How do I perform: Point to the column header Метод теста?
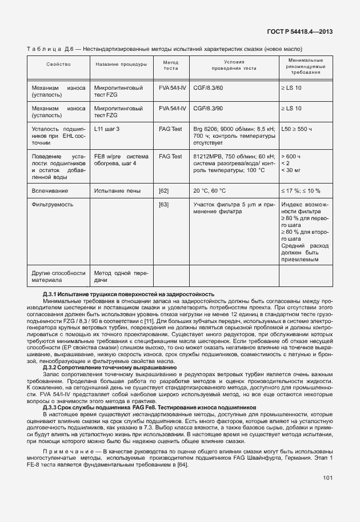(171, 67)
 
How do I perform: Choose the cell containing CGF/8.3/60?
(209, 88)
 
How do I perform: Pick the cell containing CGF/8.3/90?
(209, 107)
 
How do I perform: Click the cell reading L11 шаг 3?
(107, 129)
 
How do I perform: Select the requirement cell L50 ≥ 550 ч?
(297, 129)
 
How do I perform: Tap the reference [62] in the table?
(164, 190)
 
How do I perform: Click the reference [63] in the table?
(164, 204)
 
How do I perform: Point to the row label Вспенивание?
(50, 190)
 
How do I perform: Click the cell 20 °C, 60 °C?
(210, 190)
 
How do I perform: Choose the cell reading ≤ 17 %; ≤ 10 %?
(300, 190)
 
